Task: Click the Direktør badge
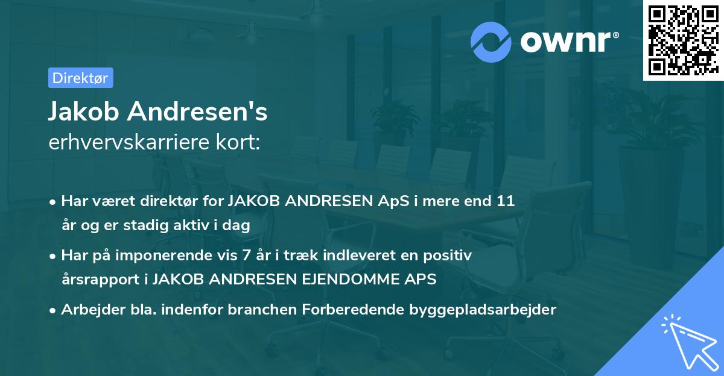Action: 80,78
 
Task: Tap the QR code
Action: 683,40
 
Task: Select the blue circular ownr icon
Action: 491,41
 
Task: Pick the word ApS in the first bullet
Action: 393,201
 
